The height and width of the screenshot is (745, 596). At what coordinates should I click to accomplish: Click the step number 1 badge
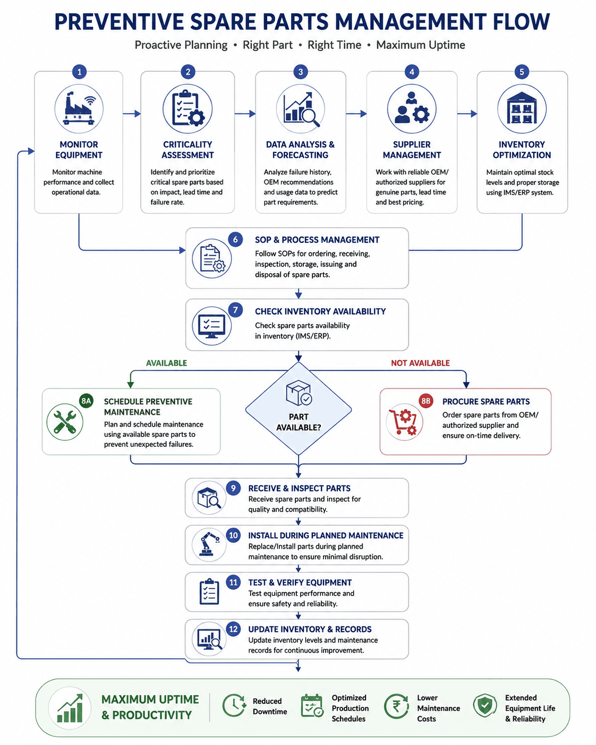point(79,72)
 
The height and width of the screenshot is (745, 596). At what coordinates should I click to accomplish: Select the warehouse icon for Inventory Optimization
point(522,108)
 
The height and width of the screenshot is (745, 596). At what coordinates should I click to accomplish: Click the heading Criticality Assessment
point(188,149)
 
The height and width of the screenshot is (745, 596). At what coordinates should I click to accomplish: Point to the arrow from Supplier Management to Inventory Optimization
point(467,114)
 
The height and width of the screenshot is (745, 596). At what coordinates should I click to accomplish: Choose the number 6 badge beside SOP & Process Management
point(235,240)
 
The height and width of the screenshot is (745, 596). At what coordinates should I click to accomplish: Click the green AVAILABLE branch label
point(166,363)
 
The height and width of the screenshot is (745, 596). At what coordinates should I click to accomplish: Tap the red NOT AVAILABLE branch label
point(420,363)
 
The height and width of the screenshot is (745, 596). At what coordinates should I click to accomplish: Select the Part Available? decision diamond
point(299,409)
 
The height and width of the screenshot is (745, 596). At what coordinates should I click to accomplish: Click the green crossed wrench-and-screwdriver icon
point(65,422)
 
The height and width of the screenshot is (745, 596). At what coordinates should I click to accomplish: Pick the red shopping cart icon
point(403,422)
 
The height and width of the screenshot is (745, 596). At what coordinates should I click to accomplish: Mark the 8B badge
point(425,401)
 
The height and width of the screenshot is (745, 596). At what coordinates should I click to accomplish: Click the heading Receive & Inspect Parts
point(300,488)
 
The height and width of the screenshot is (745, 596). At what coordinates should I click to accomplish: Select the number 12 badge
point(233,629)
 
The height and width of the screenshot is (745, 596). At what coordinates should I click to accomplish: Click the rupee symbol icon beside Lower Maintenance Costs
point(397,707)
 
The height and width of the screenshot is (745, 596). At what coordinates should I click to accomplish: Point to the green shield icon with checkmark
point(485,706)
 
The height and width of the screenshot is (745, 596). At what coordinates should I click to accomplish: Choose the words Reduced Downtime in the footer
point(270,706)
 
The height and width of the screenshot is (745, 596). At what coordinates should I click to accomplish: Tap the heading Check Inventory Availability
point(320,311)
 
